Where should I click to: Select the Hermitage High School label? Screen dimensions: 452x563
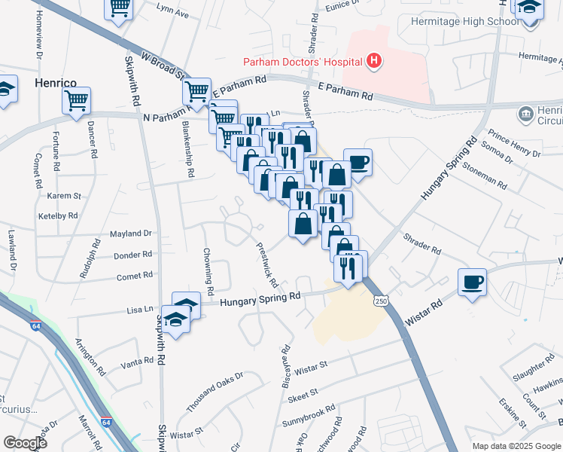tap(464, 21)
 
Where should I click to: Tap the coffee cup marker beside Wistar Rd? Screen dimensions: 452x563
tap(472, 283)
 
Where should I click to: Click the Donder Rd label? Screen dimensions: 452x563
tap(133, 255)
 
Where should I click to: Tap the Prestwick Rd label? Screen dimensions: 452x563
tap(267, 264)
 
